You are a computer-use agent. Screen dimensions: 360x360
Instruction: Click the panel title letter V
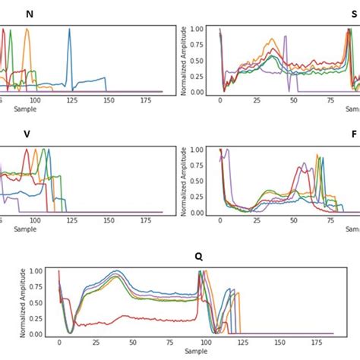coord(27,134)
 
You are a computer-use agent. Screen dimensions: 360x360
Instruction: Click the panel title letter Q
coord(198,256)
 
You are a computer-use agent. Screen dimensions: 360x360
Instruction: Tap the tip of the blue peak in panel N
coord(69,30)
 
